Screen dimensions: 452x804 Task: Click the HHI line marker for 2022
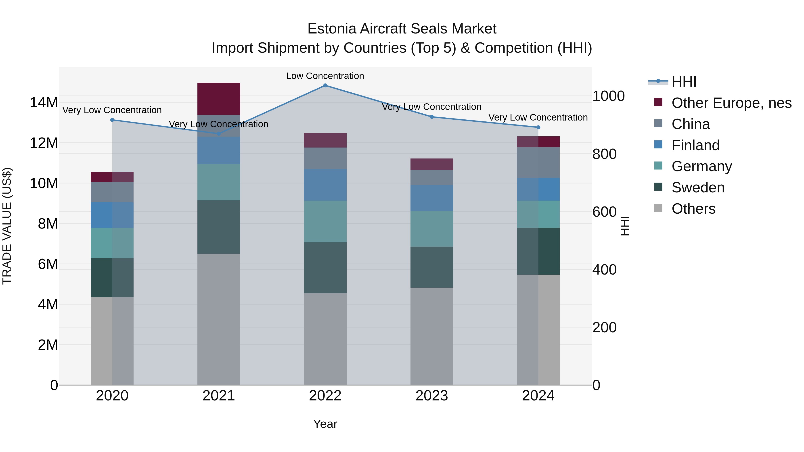[325, 85]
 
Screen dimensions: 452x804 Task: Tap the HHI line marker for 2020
[112, 120]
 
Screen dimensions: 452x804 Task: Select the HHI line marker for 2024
[538, 127]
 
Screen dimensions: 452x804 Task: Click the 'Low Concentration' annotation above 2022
[325, 76]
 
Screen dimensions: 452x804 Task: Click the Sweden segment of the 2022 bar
[325, 267]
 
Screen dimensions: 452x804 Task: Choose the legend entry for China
[690, 124]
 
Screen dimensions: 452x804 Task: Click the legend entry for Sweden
[698, 187]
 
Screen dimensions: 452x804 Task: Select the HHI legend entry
[684, 82]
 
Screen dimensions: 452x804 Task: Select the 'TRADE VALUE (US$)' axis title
[7, 226]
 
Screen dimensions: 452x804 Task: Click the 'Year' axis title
[325, 424]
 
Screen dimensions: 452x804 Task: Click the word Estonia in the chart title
[332, 29]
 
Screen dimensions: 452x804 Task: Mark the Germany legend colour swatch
[658, 166]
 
